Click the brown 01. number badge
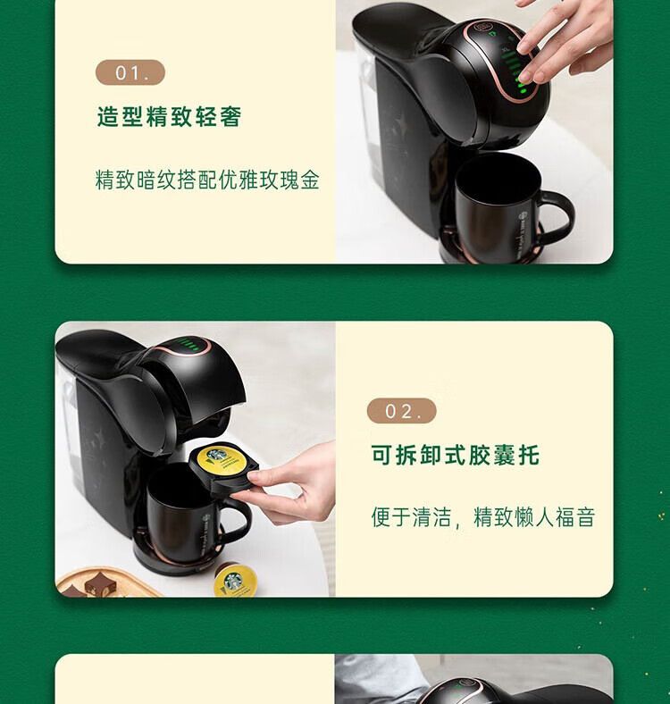(x=130, y=72)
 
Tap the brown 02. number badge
(x=401, y=411)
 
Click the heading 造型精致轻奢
(x=170, y=117)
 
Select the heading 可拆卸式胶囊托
(x=455, y=455)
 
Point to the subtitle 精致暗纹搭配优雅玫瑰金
(x=207, y=180)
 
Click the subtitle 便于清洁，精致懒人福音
(x=483, y=516)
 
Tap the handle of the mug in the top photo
(x=559, y=216)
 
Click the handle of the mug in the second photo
(x=238, y=522)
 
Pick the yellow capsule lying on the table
(x=234, y=580)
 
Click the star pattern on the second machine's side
(x=99, y=438)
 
